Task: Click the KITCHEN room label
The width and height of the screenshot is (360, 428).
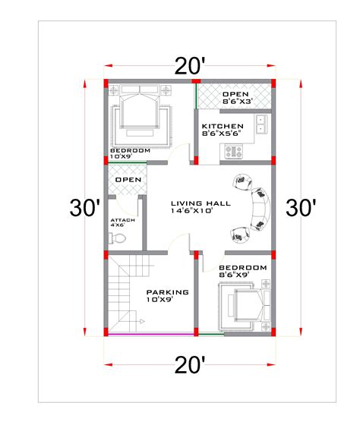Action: click(x=223, y=127)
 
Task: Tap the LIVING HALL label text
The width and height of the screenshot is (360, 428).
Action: click(x=201, y=203)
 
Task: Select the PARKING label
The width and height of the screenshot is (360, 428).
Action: click(x=167, y=292)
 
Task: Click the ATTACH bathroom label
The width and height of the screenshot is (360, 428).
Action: click(x=122, y=220)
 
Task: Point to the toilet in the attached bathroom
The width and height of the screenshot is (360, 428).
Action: click(x=117, y=238)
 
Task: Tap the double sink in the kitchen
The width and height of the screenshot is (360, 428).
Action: click(x=261, y=124)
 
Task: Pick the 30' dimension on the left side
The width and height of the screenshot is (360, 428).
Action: click(x=85, y=208)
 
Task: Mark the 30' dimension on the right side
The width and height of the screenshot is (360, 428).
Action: click(x=301, y=208)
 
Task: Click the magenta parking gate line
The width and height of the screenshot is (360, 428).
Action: click(x=151, y=334)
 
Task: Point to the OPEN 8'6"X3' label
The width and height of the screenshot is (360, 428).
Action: click(x=236, y=98)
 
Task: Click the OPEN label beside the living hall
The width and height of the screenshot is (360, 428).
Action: click(x=128, y=180)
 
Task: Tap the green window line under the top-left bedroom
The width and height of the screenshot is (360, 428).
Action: click(x=128, y=162)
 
